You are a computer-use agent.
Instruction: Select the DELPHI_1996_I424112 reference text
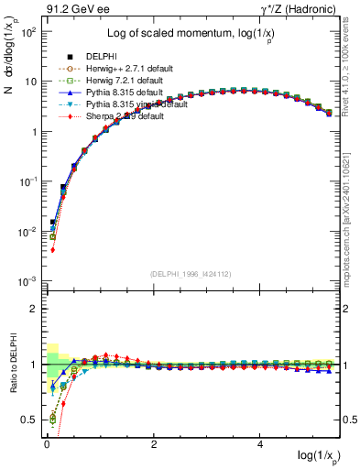192,274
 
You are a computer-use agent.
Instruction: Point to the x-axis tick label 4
261,443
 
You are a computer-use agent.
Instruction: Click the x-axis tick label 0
46,443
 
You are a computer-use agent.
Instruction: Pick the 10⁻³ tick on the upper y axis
28,281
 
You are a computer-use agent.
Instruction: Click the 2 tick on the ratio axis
34,309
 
